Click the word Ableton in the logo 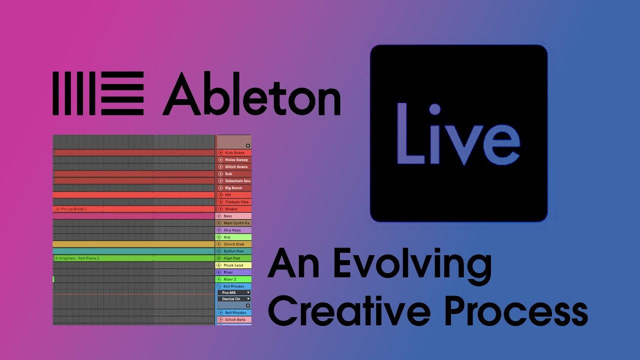click(x=251, y=93)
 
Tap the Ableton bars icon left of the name click(x=98, y=93)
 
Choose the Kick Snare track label click(x=234, y=152)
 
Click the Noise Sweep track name click(x=236, y=159)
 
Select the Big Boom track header click(x=233, y=188)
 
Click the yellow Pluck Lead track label click(x=233, y=265)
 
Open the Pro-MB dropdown click(x=233, y=292)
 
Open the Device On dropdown click(x=233, y=299)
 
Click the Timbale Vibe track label click(x=236, y=202)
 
